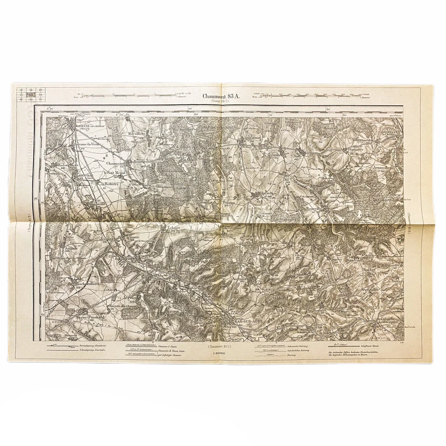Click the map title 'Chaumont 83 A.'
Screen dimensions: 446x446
point(221,96)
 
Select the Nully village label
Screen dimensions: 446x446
point(298,157)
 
